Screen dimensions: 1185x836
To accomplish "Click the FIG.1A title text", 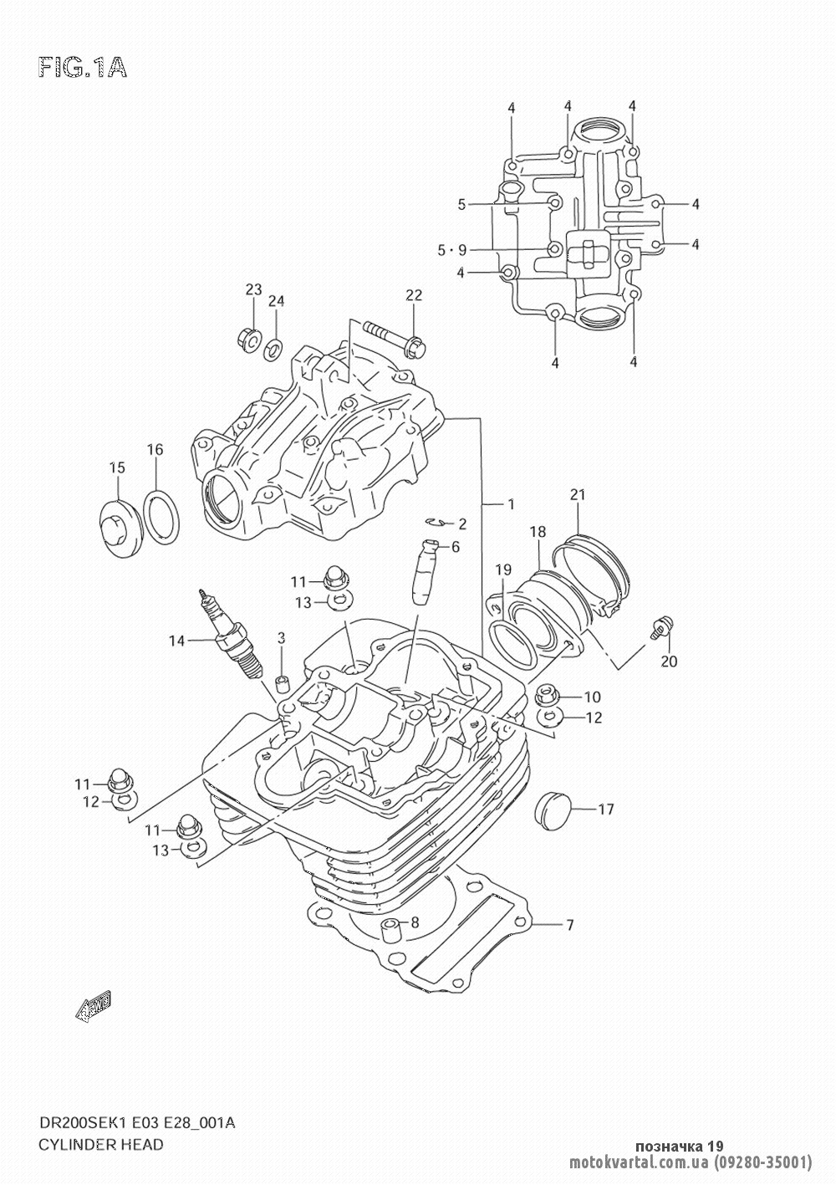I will click(x=81, y=68).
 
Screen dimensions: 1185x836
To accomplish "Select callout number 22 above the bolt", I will click(x=414, y=295).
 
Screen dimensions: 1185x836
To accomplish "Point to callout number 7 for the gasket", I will click(x=569, y=925).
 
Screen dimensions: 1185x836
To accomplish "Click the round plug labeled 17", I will click(x=551, y=807).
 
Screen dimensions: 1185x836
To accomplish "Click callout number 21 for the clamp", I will click(x=575, y=494).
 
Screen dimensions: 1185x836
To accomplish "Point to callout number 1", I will click(x=510, y=504).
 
